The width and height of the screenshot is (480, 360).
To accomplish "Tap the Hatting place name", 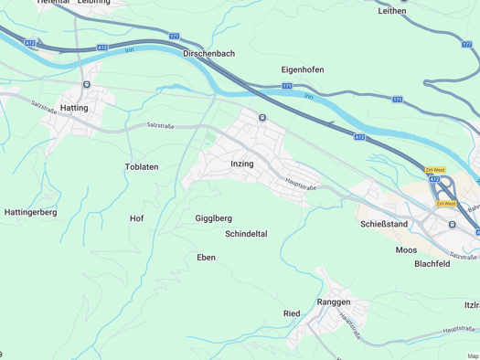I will click(73, 108).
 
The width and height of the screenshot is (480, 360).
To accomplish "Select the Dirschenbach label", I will click(208, 54).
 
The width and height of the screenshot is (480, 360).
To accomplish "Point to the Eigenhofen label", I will click(302, 69).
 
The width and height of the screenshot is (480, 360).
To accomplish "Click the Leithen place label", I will click(391, 11).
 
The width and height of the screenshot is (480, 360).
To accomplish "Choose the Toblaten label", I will click(142, 167).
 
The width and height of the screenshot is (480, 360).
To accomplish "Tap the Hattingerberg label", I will click(31, 212).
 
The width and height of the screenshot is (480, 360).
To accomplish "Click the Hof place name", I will click(136, 218).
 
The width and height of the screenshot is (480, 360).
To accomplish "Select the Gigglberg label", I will click(214, 218).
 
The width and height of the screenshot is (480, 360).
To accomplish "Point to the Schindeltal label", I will click(246, 234).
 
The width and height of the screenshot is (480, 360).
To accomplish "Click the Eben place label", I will click(207, 258).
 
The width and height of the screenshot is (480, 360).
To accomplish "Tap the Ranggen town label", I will click(335, 301).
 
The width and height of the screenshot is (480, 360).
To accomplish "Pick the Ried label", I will click(292, 313).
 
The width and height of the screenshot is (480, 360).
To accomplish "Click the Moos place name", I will click(406, 249).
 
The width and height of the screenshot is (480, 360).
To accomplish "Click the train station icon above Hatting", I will click(86, 84).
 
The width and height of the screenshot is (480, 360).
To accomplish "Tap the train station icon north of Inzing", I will click(262, 117).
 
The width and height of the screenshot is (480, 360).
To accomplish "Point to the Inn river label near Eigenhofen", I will click(308, 94).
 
